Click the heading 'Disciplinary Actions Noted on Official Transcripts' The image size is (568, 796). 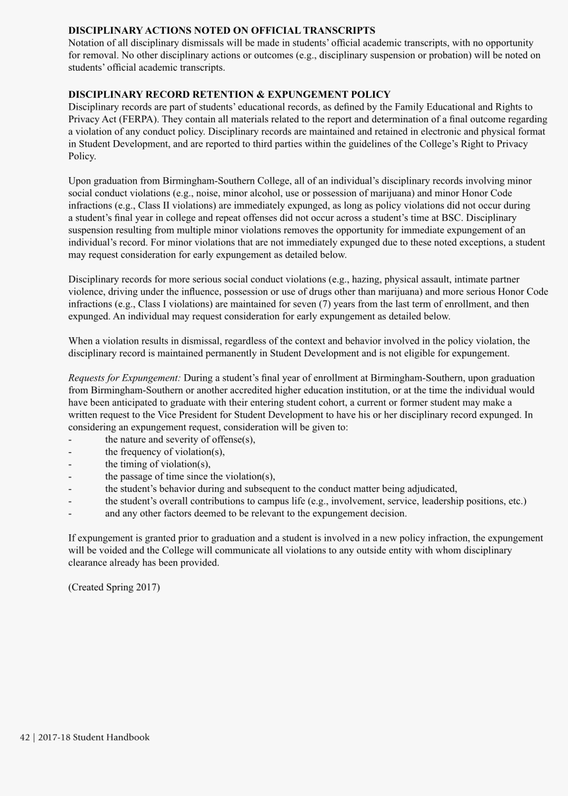click(x=222, y=30)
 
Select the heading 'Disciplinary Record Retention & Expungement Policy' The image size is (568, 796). click(x=229, y=95)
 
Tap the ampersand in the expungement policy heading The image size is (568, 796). click(x=286, y=95)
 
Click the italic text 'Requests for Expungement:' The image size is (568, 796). click(x=125, y=378)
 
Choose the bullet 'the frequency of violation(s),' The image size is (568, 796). click(x=164, y=452)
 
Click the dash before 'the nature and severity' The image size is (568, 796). click(x=71, y=440)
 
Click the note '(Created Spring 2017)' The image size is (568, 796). click(x=114, y=587)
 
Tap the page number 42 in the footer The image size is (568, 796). click(x=25, y=737)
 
